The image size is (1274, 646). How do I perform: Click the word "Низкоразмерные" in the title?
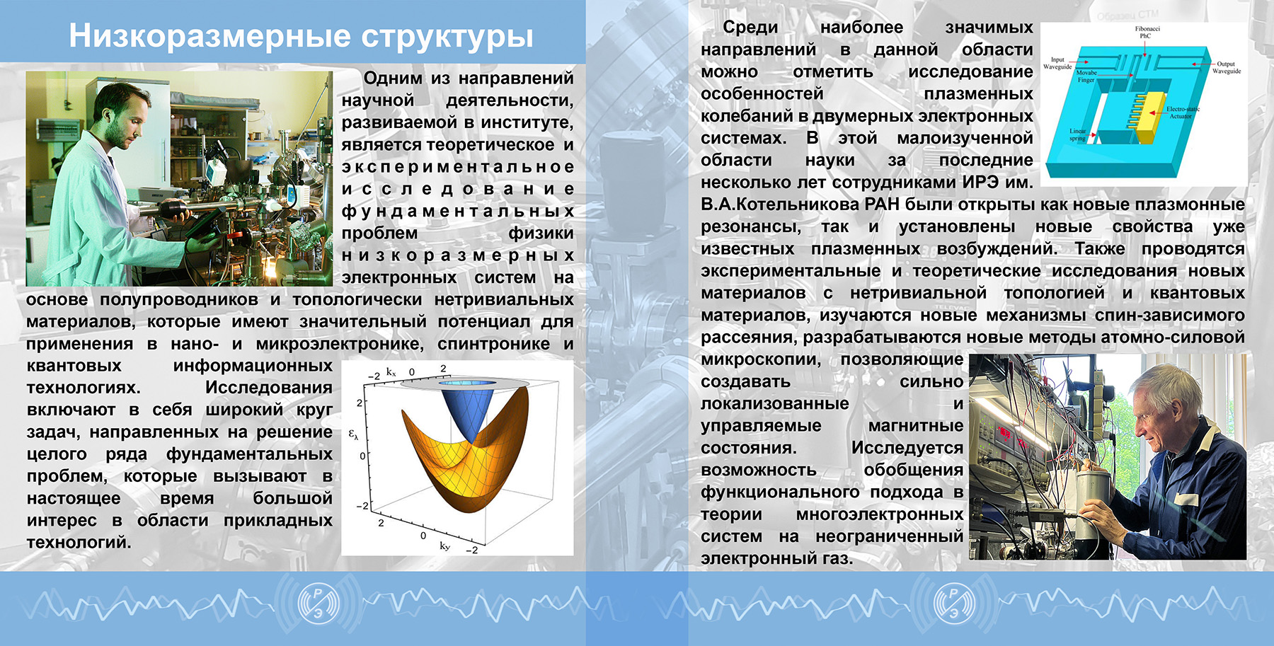210,36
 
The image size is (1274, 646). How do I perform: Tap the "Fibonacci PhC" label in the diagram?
1147,32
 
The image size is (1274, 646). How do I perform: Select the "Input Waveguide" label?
1057,63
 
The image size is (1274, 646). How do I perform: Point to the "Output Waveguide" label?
1226,67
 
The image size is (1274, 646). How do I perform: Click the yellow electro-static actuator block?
1150,117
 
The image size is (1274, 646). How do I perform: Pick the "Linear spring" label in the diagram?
1077,134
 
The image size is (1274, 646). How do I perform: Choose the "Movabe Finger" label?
1086,76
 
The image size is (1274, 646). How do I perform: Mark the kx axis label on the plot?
391,371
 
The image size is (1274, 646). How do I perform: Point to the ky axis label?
444,546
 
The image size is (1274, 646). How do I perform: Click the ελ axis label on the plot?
353,433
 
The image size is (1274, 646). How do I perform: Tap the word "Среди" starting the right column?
750,28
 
